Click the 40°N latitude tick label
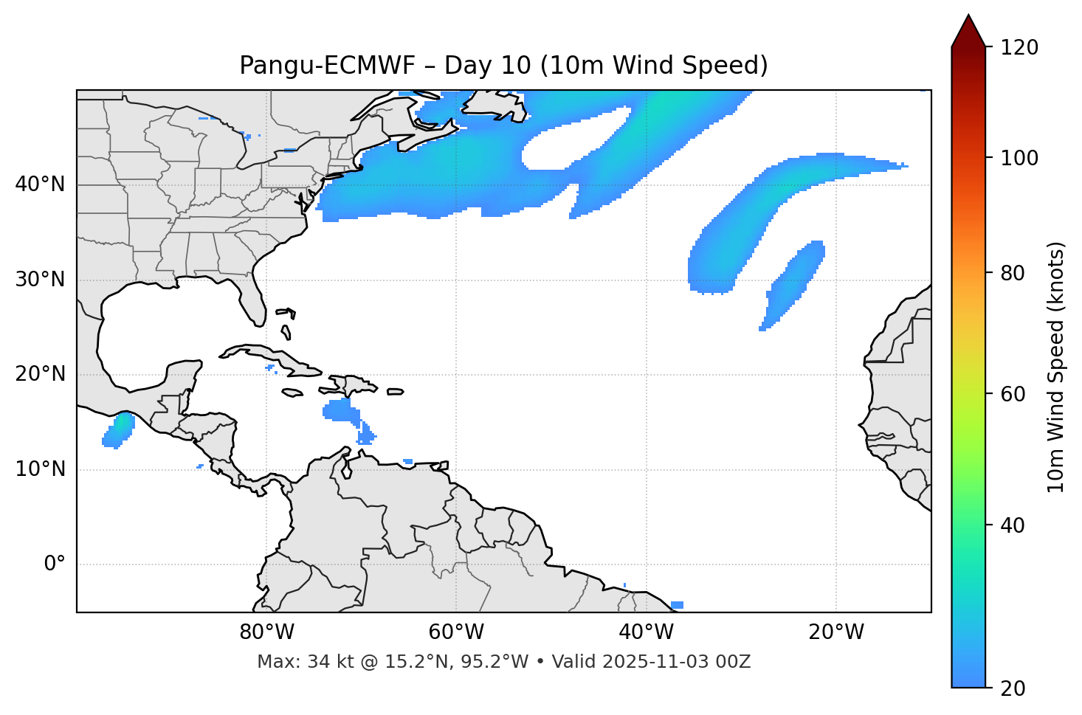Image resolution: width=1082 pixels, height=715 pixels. tap(40, 184)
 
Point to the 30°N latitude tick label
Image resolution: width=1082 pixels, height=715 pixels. tap(40, 280)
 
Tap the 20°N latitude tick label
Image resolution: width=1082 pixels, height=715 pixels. tap(40, 374)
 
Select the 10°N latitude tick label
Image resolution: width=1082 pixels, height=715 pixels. tap(40, 469)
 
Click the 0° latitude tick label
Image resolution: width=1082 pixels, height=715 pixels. tap(55, 564)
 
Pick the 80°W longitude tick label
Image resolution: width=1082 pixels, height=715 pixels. tap(266, 632)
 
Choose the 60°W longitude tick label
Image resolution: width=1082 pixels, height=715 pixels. tap(456, 632)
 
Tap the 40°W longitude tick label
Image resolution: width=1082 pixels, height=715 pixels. tap(646, 632)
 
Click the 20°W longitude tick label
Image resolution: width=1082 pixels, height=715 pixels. tap(835, 632)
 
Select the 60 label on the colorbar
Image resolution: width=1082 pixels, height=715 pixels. tap(1013, 394)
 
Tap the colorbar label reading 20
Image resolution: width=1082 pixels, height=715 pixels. tap(1013, 688)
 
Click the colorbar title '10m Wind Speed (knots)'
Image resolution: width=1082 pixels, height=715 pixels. tap(1056, 367)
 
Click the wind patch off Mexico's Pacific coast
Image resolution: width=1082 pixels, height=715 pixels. tap(118, 429)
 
